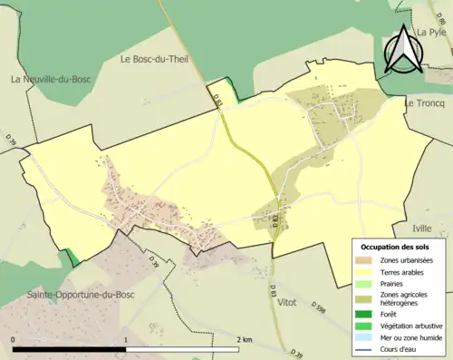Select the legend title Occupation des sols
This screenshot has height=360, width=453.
point(396,247)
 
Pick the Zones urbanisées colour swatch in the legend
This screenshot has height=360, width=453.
point(366,260)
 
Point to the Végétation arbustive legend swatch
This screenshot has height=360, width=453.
point(366,326)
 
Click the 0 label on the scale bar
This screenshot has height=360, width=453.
point(13,340)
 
